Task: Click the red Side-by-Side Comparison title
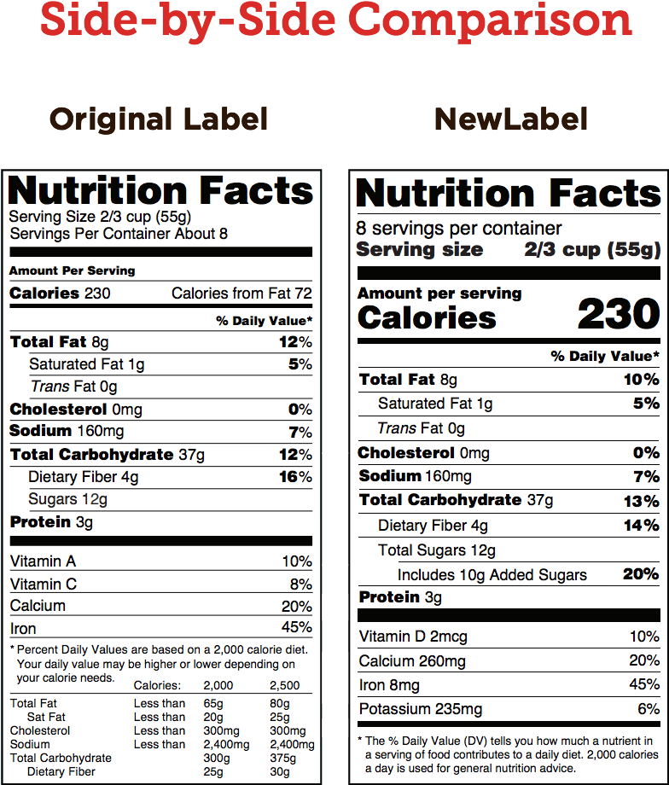click(334, 20)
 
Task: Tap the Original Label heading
click(159, 119)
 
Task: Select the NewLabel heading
click(511, 119)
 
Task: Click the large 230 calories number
click(618, 315)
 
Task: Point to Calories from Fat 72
click(241, 294)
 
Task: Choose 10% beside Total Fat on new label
click(641, 380)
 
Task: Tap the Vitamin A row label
click(43, 561)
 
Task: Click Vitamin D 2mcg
click(413, 637)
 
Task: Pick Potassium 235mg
click(421, 709)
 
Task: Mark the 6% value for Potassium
click(648, 709)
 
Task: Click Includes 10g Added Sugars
click(492, 575)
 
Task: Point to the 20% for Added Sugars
click(640, 574)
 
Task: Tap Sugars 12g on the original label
click(67, 499)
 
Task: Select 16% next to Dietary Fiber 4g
click(294, 477)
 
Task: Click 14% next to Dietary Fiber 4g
click(640, 526)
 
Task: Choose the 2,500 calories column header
click(285, 685)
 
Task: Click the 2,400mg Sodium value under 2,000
click(226, 744)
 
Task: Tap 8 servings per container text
click(459, 229)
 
